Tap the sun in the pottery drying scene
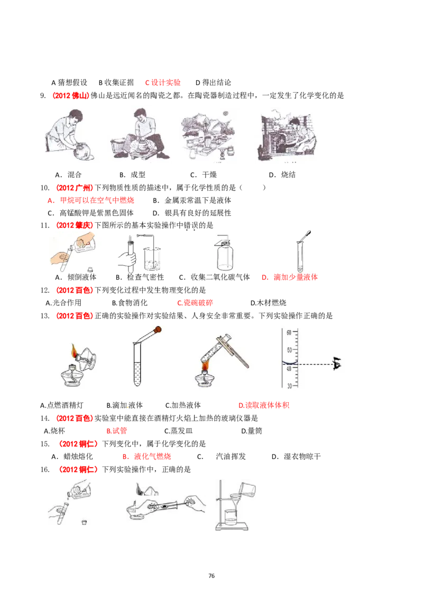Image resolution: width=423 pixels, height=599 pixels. point(225,112)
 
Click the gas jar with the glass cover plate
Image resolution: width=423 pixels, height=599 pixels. point(224,257)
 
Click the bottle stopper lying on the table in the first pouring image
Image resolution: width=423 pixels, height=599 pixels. point(91,269)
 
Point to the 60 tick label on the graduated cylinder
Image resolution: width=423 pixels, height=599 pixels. point(289,332)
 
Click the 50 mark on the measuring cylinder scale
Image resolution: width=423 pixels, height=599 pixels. point(289,350)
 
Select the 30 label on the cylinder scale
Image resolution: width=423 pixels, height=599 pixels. point(289,386)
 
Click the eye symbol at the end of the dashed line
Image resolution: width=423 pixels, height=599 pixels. point(337,364)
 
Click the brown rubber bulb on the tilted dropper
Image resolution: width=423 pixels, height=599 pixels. point(158,330)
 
